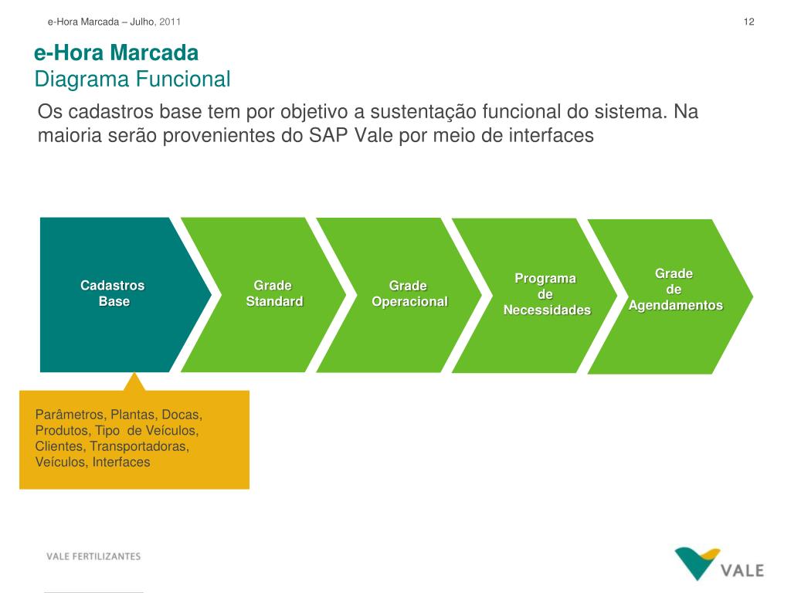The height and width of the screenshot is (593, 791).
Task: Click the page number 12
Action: (749, 22)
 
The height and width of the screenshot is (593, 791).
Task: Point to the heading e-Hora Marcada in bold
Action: (117, 53)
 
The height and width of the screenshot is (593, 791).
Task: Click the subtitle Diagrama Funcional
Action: (133, 80)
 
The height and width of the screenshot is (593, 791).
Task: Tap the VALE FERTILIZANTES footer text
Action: (93, 557)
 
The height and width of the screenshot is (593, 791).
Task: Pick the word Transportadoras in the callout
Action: (139, 447)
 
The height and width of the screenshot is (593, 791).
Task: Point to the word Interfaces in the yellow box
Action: (121, 463)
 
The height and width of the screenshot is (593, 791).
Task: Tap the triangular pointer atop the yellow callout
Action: (134, 381)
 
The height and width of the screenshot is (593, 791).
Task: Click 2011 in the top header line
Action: (170, 22)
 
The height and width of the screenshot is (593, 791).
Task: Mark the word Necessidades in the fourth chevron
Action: (547, 310)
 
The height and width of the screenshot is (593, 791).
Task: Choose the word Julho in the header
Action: (142, 22)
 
